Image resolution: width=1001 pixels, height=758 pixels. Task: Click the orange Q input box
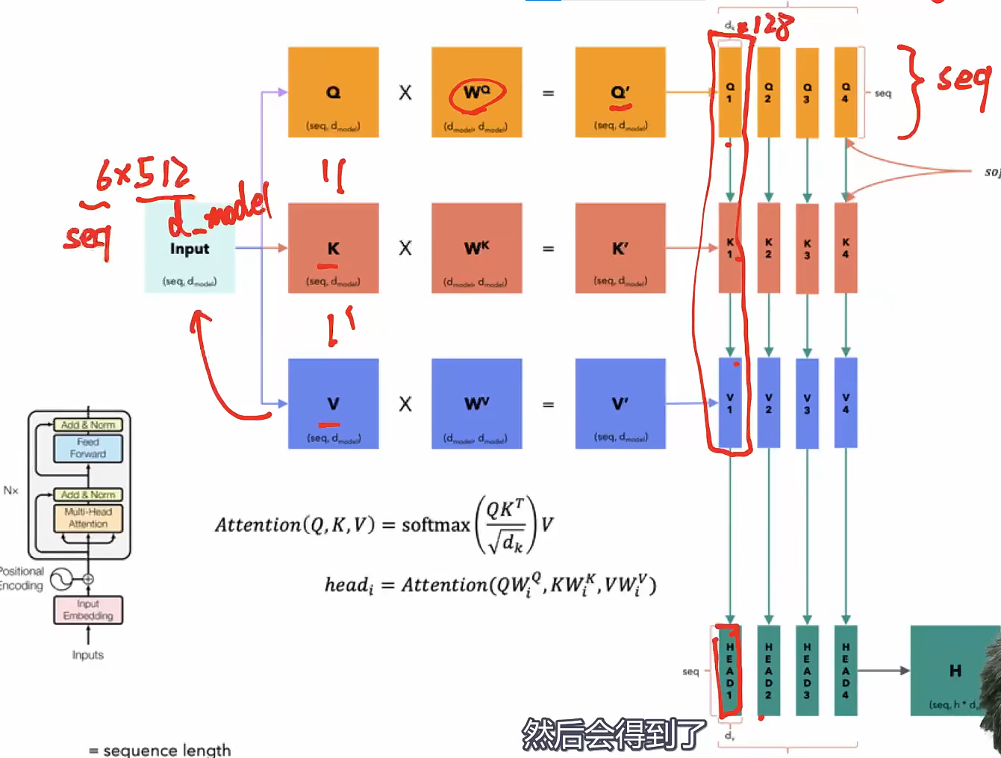click(333, 93)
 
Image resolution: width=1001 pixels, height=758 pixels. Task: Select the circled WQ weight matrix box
click(476, 93)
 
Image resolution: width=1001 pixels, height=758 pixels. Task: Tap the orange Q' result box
click(620, 93)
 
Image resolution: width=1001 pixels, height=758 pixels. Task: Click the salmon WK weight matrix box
click(476, 248)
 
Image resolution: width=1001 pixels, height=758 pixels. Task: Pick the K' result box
click(620, 248)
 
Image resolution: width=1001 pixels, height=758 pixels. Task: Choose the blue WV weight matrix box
click(476, 404)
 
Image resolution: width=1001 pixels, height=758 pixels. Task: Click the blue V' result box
click(620, 404)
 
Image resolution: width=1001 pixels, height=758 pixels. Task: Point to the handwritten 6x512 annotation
click(142, 175)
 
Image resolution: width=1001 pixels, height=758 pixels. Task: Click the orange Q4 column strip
click(845, 93)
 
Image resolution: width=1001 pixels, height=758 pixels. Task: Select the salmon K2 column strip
click(768, 248)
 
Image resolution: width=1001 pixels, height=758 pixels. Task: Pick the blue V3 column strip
click(807, 403)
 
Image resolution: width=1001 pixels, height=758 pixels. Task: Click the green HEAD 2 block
click(768, 670)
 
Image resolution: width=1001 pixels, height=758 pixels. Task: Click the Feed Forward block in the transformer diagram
click(88, 448)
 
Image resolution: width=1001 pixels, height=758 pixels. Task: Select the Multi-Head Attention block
click(88, 518)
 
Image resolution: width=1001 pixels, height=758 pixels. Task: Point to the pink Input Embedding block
click(88, 610)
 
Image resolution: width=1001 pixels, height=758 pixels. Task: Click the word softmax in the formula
click(436, 525)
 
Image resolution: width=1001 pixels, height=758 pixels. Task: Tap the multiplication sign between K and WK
click(405, 248)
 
